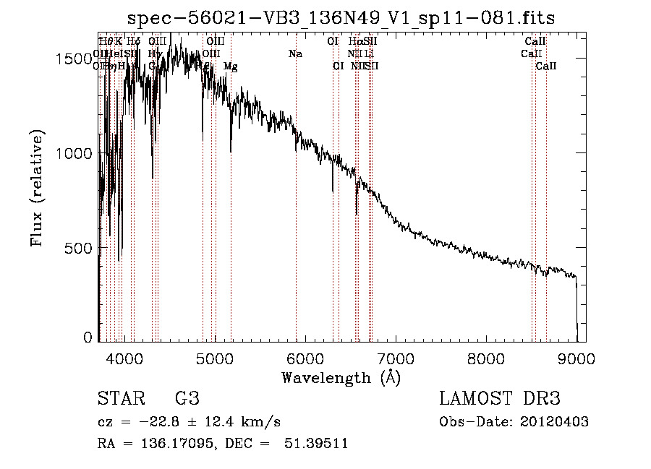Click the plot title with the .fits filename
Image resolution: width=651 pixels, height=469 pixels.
point(341,18)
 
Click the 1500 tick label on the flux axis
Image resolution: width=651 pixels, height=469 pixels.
point(74,59)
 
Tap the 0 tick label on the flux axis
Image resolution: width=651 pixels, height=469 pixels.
point(88,337)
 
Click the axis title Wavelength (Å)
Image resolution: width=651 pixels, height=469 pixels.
point(341,377)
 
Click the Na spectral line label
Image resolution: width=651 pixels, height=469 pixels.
point(295,54)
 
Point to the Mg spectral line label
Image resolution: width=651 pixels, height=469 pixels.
point(230,66)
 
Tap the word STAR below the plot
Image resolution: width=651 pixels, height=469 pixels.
point(120,399)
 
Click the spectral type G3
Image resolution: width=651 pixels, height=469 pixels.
point(187,399)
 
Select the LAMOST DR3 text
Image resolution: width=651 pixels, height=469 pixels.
point(500,399)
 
